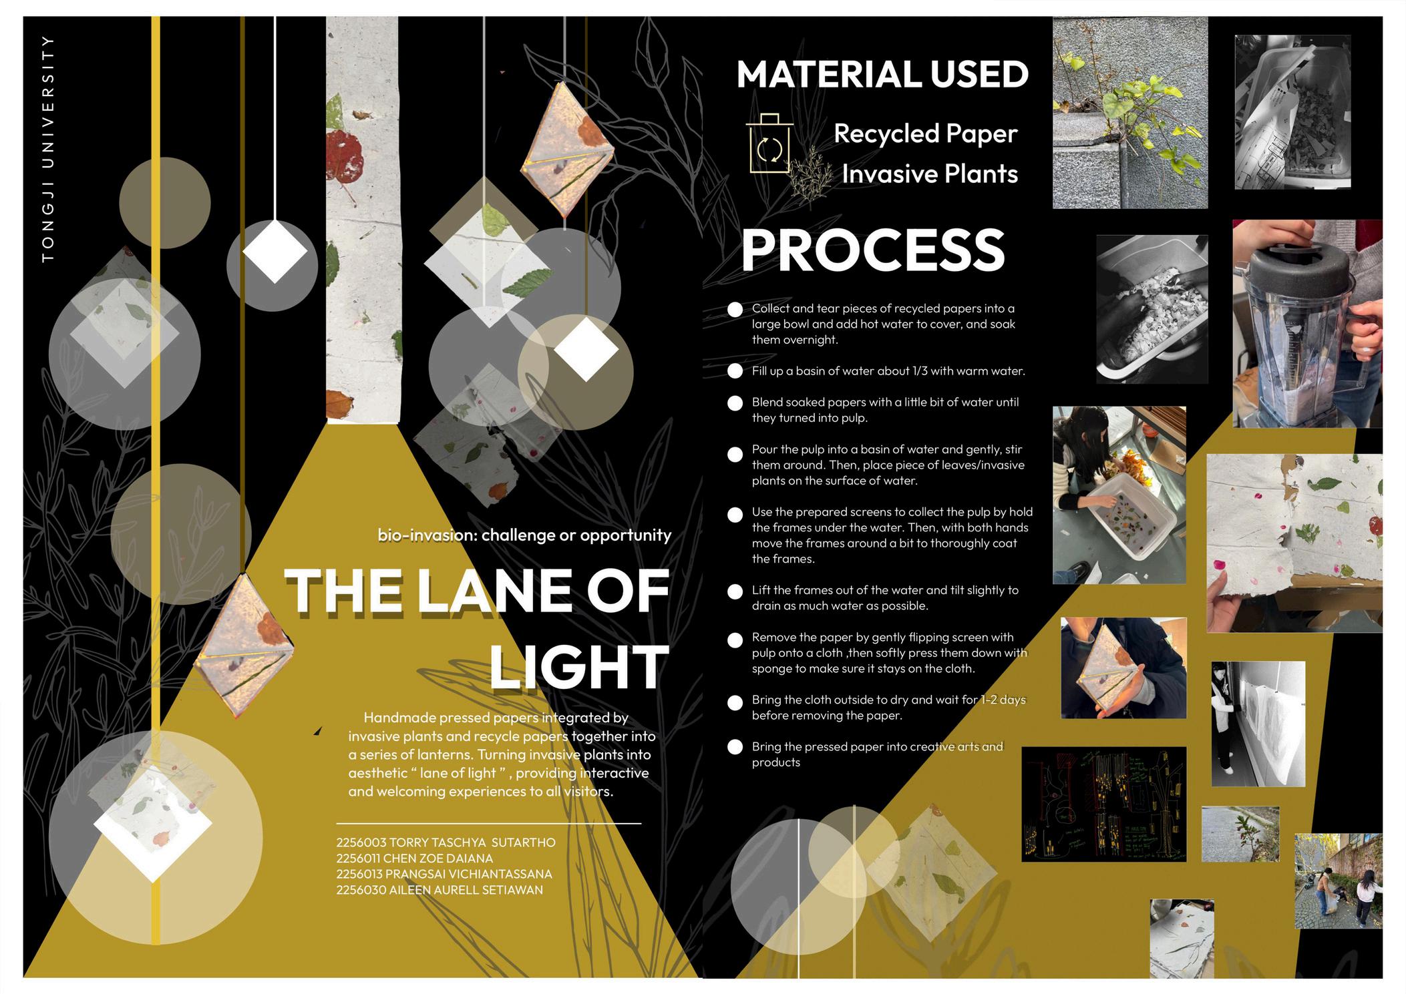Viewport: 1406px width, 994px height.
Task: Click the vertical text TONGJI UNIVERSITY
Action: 48,148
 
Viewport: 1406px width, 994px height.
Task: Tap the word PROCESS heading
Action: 873,249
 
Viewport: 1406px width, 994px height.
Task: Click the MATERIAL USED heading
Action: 882,74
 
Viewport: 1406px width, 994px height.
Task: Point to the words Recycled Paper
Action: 925,134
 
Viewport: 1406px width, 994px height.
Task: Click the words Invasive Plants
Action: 930,174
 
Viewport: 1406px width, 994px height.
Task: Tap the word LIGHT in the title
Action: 578,667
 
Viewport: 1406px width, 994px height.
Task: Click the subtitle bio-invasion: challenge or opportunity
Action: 524,535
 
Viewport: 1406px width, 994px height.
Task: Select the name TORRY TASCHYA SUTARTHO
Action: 472,842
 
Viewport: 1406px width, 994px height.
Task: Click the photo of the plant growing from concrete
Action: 1130,113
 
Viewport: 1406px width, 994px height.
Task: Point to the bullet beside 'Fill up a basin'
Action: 735,371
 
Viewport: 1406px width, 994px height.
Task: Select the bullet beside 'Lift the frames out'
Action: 735,592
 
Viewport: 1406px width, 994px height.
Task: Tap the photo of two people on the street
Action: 1338,881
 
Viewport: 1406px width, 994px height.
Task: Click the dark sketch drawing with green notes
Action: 1104,804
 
